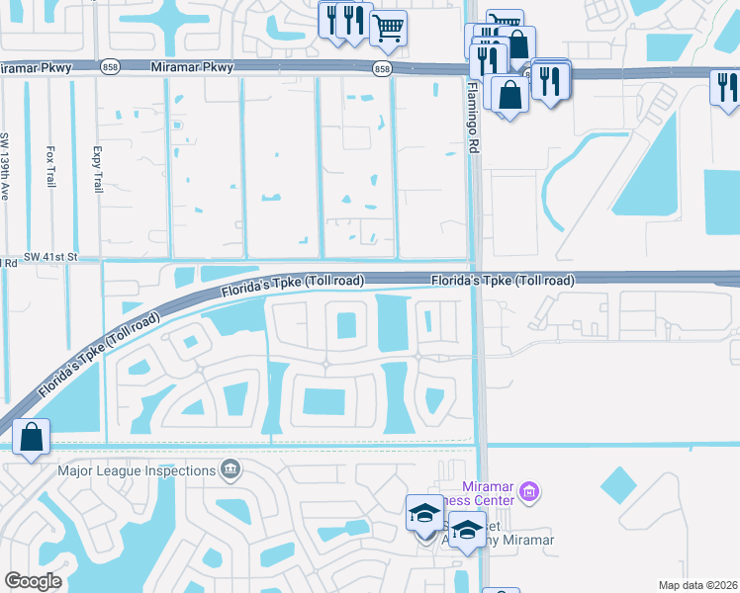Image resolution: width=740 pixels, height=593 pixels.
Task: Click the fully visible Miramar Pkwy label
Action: pyautogui.click(x=193, y=67)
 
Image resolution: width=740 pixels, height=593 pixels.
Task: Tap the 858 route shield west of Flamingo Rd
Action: pyautogui.click(x=383, y=68)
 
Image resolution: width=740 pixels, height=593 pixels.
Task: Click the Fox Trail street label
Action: pyautogui.click(x=50, y=167)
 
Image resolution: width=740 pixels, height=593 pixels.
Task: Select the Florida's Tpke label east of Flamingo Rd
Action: pyautogui.click(x=502, y=281)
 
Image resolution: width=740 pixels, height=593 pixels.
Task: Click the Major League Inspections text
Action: pyautogui.click(x=137, y=469)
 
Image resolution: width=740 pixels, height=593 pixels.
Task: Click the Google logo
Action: pyautogui.click(x=33, y=581)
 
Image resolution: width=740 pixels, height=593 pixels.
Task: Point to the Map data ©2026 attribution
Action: pyautogui.click(x=696, y=585)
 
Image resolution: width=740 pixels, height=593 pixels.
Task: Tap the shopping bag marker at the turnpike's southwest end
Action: pyautogui.click(x=32, y=436)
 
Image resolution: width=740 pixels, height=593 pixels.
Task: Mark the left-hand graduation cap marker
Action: pyautogui.click(x=424, y=514)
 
